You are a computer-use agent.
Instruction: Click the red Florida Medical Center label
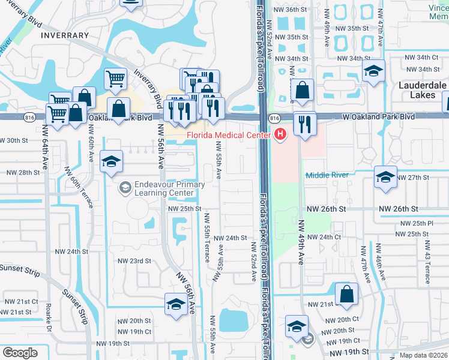(228, 134)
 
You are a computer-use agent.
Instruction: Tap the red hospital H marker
(280, 134)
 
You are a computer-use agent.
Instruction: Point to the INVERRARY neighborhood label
(65, 35)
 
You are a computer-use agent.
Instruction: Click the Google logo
(20, 353)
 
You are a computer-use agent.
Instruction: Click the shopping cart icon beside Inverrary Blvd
(116, 78)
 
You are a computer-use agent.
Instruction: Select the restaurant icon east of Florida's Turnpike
(304, 124)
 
